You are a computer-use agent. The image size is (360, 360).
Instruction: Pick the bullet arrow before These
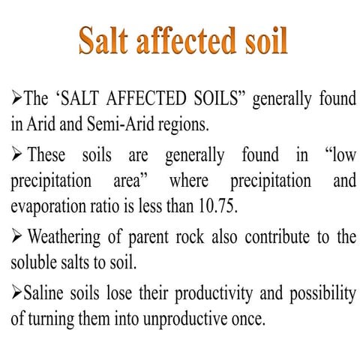tap(16, 156)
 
